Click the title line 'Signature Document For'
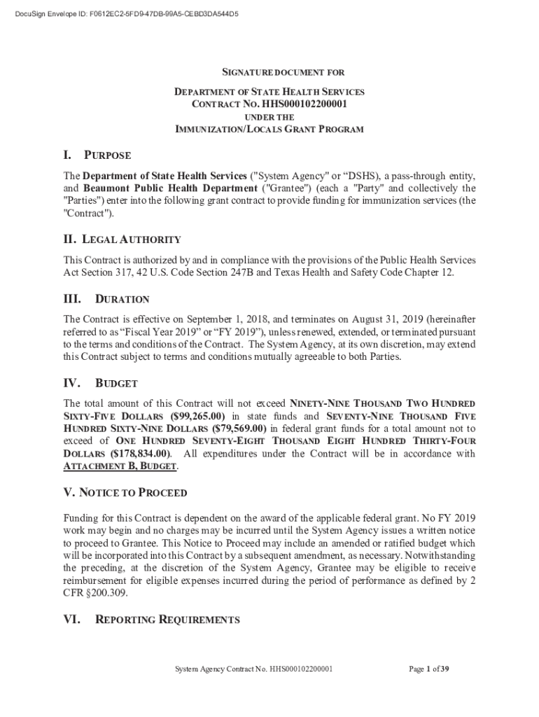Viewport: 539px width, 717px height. (x=283, y=72)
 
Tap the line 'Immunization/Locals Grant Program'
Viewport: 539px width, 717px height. (x=269, y=130)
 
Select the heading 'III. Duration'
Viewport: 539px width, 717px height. (x=106, y=299)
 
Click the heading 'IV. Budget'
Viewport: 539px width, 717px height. (x=100, y=384)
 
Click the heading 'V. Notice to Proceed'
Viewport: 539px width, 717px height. (x=125, y=492)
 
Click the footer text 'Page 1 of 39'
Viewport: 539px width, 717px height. (x=428, y=669)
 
